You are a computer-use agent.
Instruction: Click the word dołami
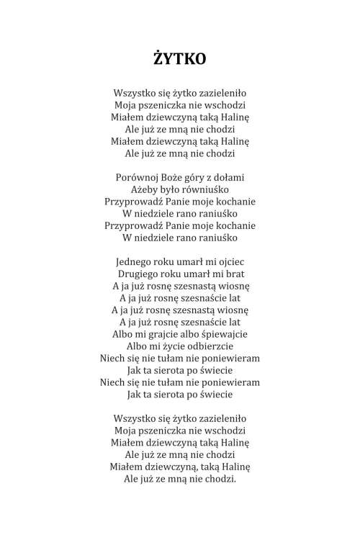click(x=230, y=176)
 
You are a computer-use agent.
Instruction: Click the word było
click(x=174, y=189)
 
